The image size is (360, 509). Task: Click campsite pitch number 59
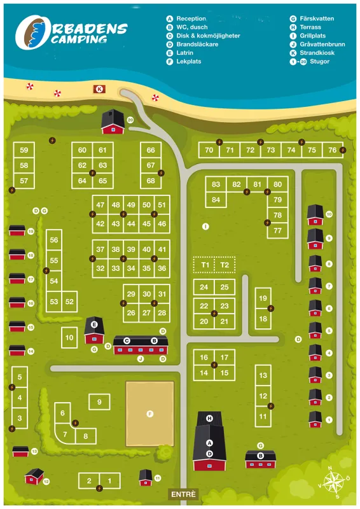click(x=24, y=150)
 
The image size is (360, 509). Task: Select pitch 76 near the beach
click(x=332, y=150)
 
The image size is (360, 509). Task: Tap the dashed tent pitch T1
click(x=204, y=265)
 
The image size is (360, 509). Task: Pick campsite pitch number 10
click(x=69, y=337)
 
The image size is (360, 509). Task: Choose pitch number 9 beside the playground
click(x=99, y=401)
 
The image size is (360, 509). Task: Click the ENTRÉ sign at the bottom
click(x=184, y=494)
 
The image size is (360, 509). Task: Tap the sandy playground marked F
click(x=150, y=414)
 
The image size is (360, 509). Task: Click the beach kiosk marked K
click(x=99, y=89)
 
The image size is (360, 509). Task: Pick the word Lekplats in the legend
click(x=189, y=62)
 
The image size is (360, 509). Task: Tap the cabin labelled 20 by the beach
click(x=113, y=122)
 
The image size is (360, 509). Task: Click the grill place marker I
click(x=205, y=226)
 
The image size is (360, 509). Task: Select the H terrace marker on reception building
click(x=209, y=418)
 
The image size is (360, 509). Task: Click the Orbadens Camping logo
click(x=70, y=33)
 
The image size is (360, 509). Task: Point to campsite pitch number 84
click(x=216, y=200)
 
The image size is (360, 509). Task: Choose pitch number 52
click(x=69, y=302)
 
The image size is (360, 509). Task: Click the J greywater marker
click(x=141, y=359)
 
